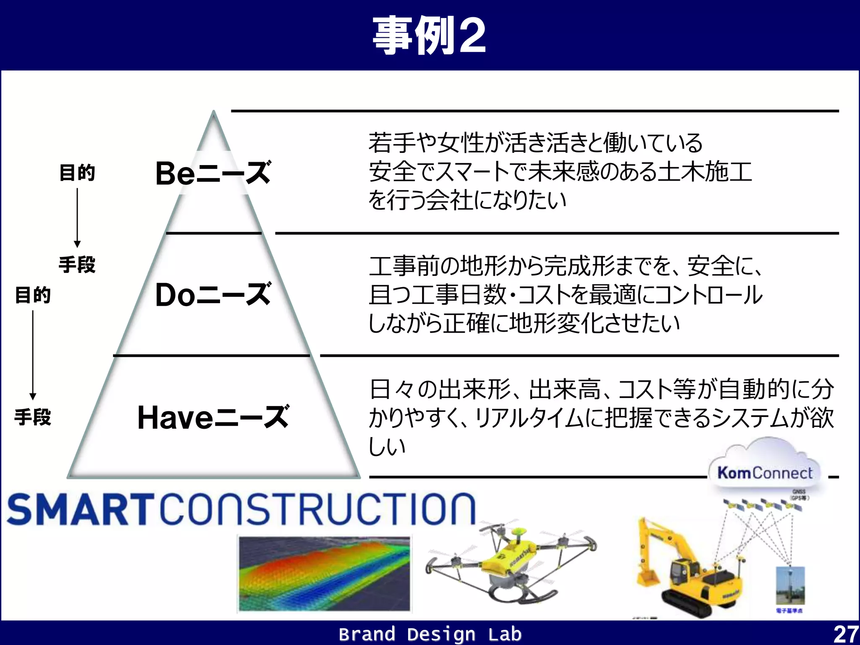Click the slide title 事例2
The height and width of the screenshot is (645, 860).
tap(429, 35)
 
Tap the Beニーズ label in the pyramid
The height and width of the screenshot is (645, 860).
tap(213, 173)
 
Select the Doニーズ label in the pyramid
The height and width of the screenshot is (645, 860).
tap(213, 294)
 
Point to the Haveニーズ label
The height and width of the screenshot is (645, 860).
tap(213, 417)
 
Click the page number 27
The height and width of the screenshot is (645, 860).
tap(845, 634)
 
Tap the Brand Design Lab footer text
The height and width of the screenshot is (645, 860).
tap(430, 634)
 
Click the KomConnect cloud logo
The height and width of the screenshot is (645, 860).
tap(765, 472)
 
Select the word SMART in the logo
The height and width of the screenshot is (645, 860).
tap(80, 509)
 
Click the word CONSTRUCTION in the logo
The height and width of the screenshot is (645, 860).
tap(318, 509)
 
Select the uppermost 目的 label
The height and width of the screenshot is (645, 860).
tap(77, 173)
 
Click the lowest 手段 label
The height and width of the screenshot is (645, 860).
tap(33, 417)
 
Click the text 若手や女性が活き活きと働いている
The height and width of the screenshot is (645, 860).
tap(535, 143)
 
